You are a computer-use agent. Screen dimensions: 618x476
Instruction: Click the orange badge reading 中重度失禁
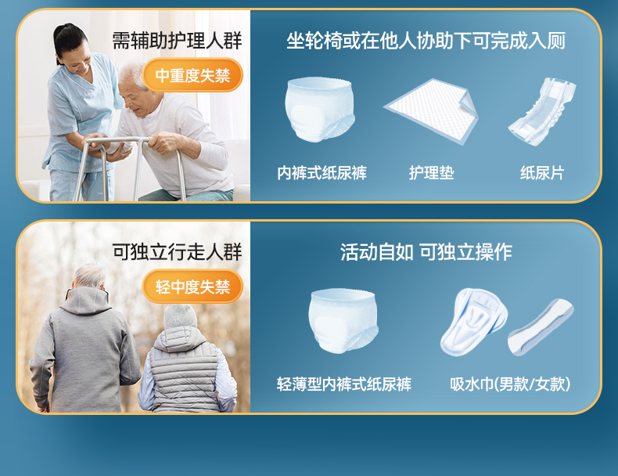pos(192,75)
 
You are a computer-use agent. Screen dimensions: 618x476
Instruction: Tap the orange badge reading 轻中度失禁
pos(192,287)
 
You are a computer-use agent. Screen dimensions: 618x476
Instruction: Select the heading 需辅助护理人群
pos(177,41)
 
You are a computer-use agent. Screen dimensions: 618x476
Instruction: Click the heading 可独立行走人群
pos(177,251)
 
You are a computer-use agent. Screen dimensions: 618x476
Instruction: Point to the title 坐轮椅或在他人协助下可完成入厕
pos(426,41)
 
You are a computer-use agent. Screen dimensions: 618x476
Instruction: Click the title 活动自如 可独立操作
pos(426,251)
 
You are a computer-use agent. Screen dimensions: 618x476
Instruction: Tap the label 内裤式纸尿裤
pos(322,173)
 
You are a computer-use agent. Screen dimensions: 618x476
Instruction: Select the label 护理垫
pos(431,173)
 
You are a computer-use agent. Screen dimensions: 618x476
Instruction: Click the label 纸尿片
pos(542,173)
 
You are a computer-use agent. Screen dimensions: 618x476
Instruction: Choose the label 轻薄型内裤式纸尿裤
pos(344,384)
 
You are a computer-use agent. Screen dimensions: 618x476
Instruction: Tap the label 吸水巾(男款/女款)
pos(510,384)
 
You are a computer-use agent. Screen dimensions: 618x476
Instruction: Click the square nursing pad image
pos(432,111)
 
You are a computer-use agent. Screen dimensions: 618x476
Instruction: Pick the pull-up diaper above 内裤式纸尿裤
pos(320,109)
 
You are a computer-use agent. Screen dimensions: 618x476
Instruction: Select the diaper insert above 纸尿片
pos(542,112)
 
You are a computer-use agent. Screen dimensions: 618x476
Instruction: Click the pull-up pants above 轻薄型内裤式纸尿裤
pos(343,320)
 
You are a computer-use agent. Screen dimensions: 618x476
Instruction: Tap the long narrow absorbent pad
pos(540,326)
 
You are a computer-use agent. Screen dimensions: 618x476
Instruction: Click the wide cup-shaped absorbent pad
pos(473,322)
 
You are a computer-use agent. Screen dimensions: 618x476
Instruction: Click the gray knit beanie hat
pos(180,316)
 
